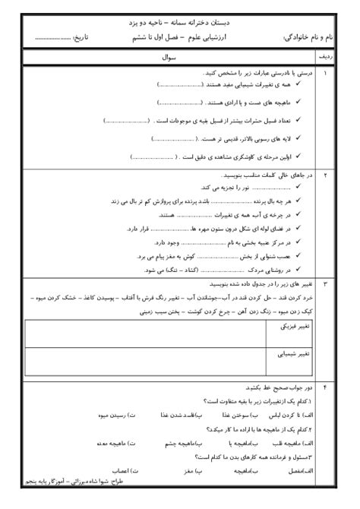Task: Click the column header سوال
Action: point(171,56)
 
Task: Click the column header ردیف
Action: point(325,56)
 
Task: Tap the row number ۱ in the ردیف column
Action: point(325,74)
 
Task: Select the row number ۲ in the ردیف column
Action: point(325,175)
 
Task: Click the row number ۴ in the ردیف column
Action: point(325,388)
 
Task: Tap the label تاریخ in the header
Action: point(101,36)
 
